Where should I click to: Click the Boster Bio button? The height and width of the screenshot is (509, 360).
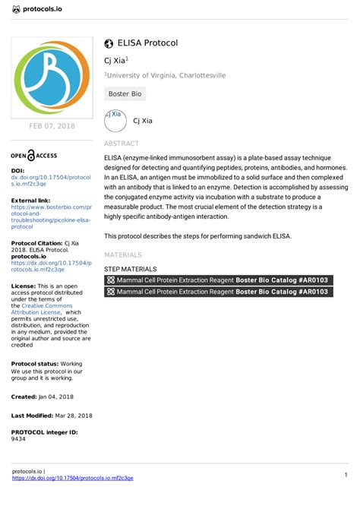point(125,94)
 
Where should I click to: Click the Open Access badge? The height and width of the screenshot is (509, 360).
point(34,155)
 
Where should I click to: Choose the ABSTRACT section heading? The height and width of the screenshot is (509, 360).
point(122,144)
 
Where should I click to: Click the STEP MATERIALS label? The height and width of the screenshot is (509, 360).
point(131,269)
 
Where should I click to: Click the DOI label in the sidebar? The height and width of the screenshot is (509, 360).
point(18,171)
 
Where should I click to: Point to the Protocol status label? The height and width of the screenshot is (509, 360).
point(36,364)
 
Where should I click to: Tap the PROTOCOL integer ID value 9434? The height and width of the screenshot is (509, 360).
point(18,439)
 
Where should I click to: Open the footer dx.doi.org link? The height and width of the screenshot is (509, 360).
point(73,478)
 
